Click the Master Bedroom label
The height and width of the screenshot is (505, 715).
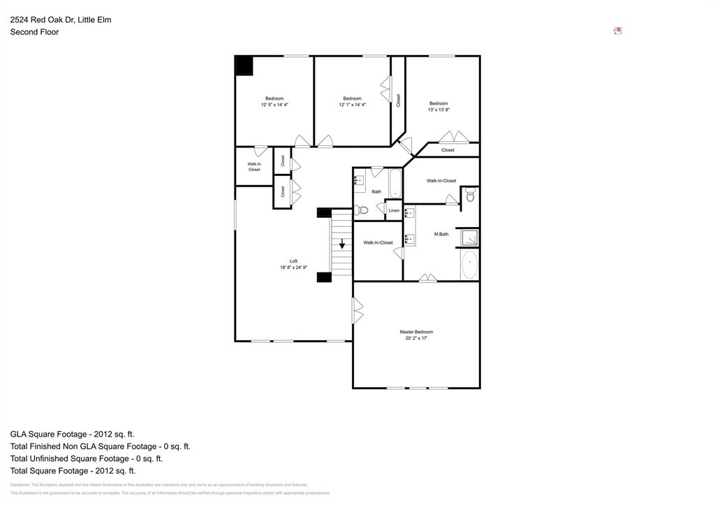[416, 332]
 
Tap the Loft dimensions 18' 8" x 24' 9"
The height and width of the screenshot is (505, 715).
[294, 267]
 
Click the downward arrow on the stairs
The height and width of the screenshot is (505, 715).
[342, 244]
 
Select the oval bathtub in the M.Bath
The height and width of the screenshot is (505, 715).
[469, 265]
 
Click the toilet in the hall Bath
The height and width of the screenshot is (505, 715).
[362, 210]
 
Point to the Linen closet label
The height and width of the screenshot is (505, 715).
[394, 210]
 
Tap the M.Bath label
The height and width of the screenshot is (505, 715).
[441, 234]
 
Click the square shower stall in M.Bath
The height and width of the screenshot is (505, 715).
[469, 238]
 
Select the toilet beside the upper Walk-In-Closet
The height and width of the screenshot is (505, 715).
[470, 196]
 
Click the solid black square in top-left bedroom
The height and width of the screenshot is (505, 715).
[244, 65]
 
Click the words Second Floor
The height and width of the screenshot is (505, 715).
[34, 32]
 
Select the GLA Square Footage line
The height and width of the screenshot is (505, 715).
[73, 434]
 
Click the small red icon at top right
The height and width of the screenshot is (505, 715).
[618, 31]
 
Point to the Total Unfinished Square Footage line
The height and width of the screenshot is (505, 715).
[87, 459]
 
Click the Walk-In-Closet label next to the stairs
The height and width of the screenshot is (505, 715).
[378, 242]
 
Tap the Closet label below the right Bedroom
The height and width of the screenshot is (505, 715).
[448, 150]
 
